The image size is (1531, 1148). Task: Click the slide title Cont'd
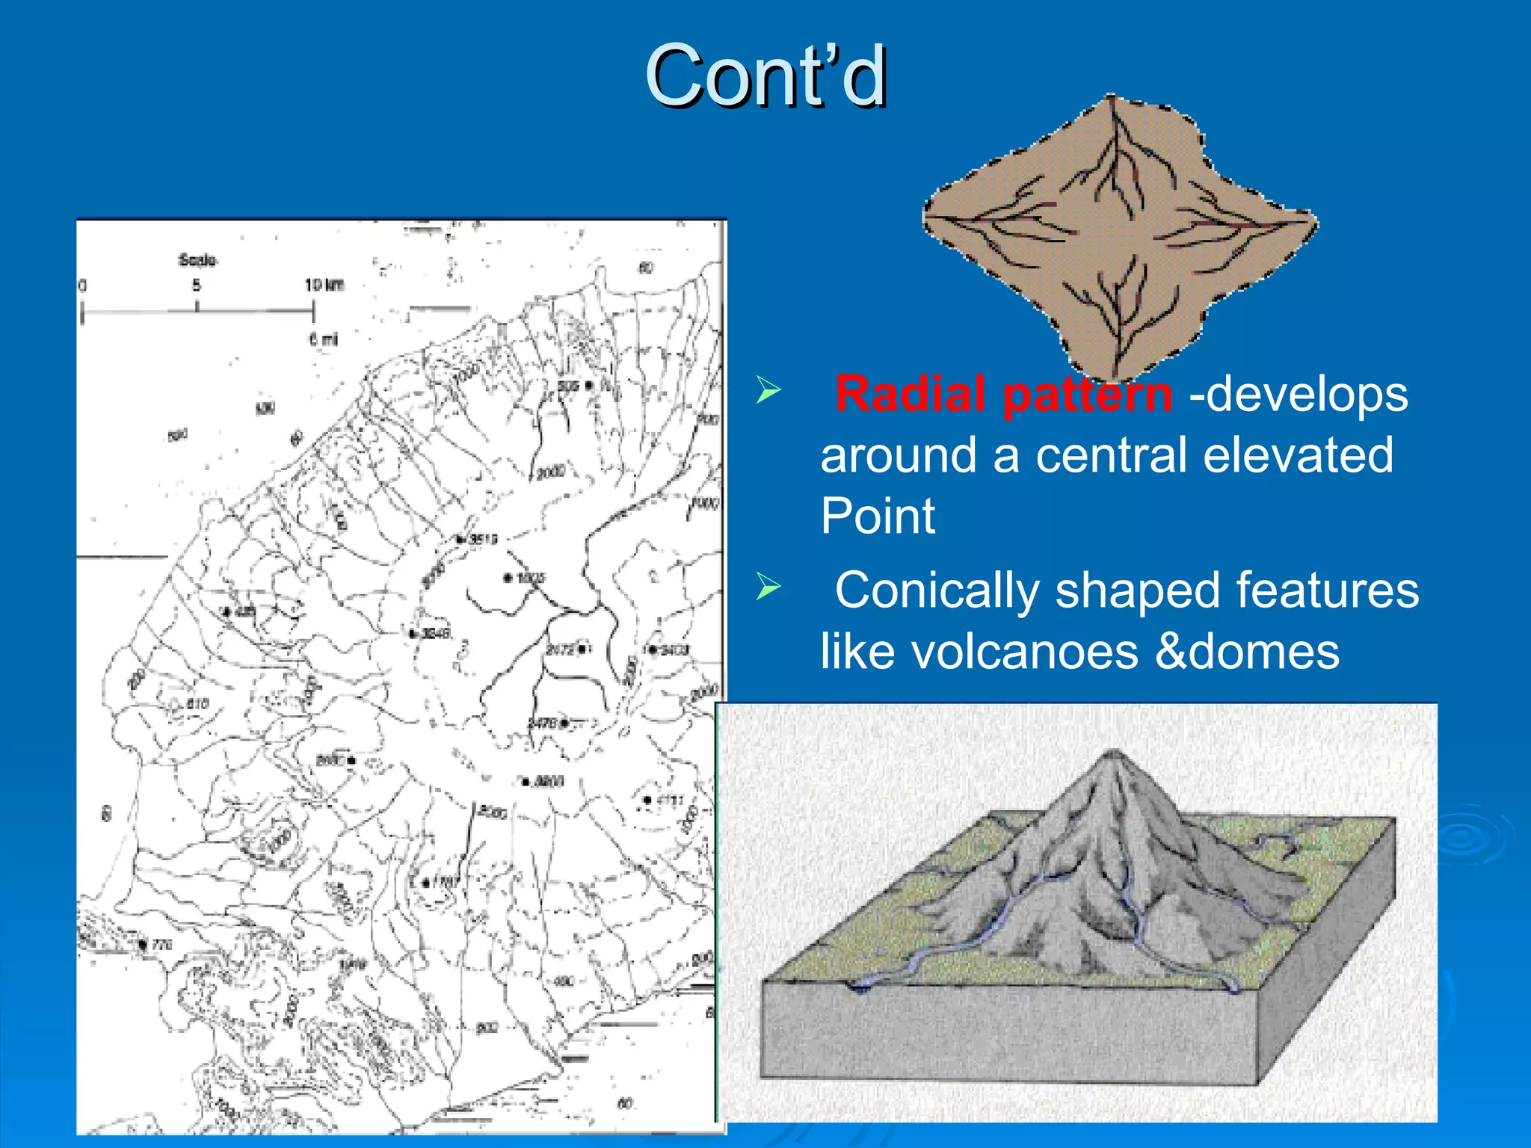[765, 76]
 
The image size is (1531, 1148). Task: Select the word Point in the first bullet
[877, 516]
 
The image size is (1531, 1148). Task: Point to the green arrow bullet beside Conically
[768, 586]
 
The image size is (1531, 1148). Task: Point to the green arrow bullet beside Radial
[768, 389]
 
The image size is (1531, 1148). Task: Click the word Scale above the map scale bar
[197, 260]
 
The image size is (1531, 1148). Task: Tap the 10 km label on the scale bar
[324, 285]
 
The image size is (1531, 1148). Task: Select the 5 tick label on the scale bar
[196, 285]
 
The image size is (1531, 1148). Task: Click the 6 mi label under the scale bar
[323, 339]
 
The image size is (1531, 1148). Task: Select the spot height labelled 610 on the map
[196, 704]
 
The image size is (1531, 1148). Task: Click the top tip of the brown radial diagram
[1112, 97]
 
